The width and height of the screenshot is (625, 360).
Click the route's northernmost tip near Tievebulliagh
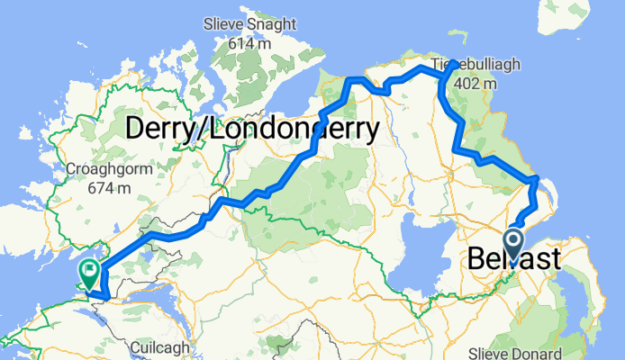(454, 63)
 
